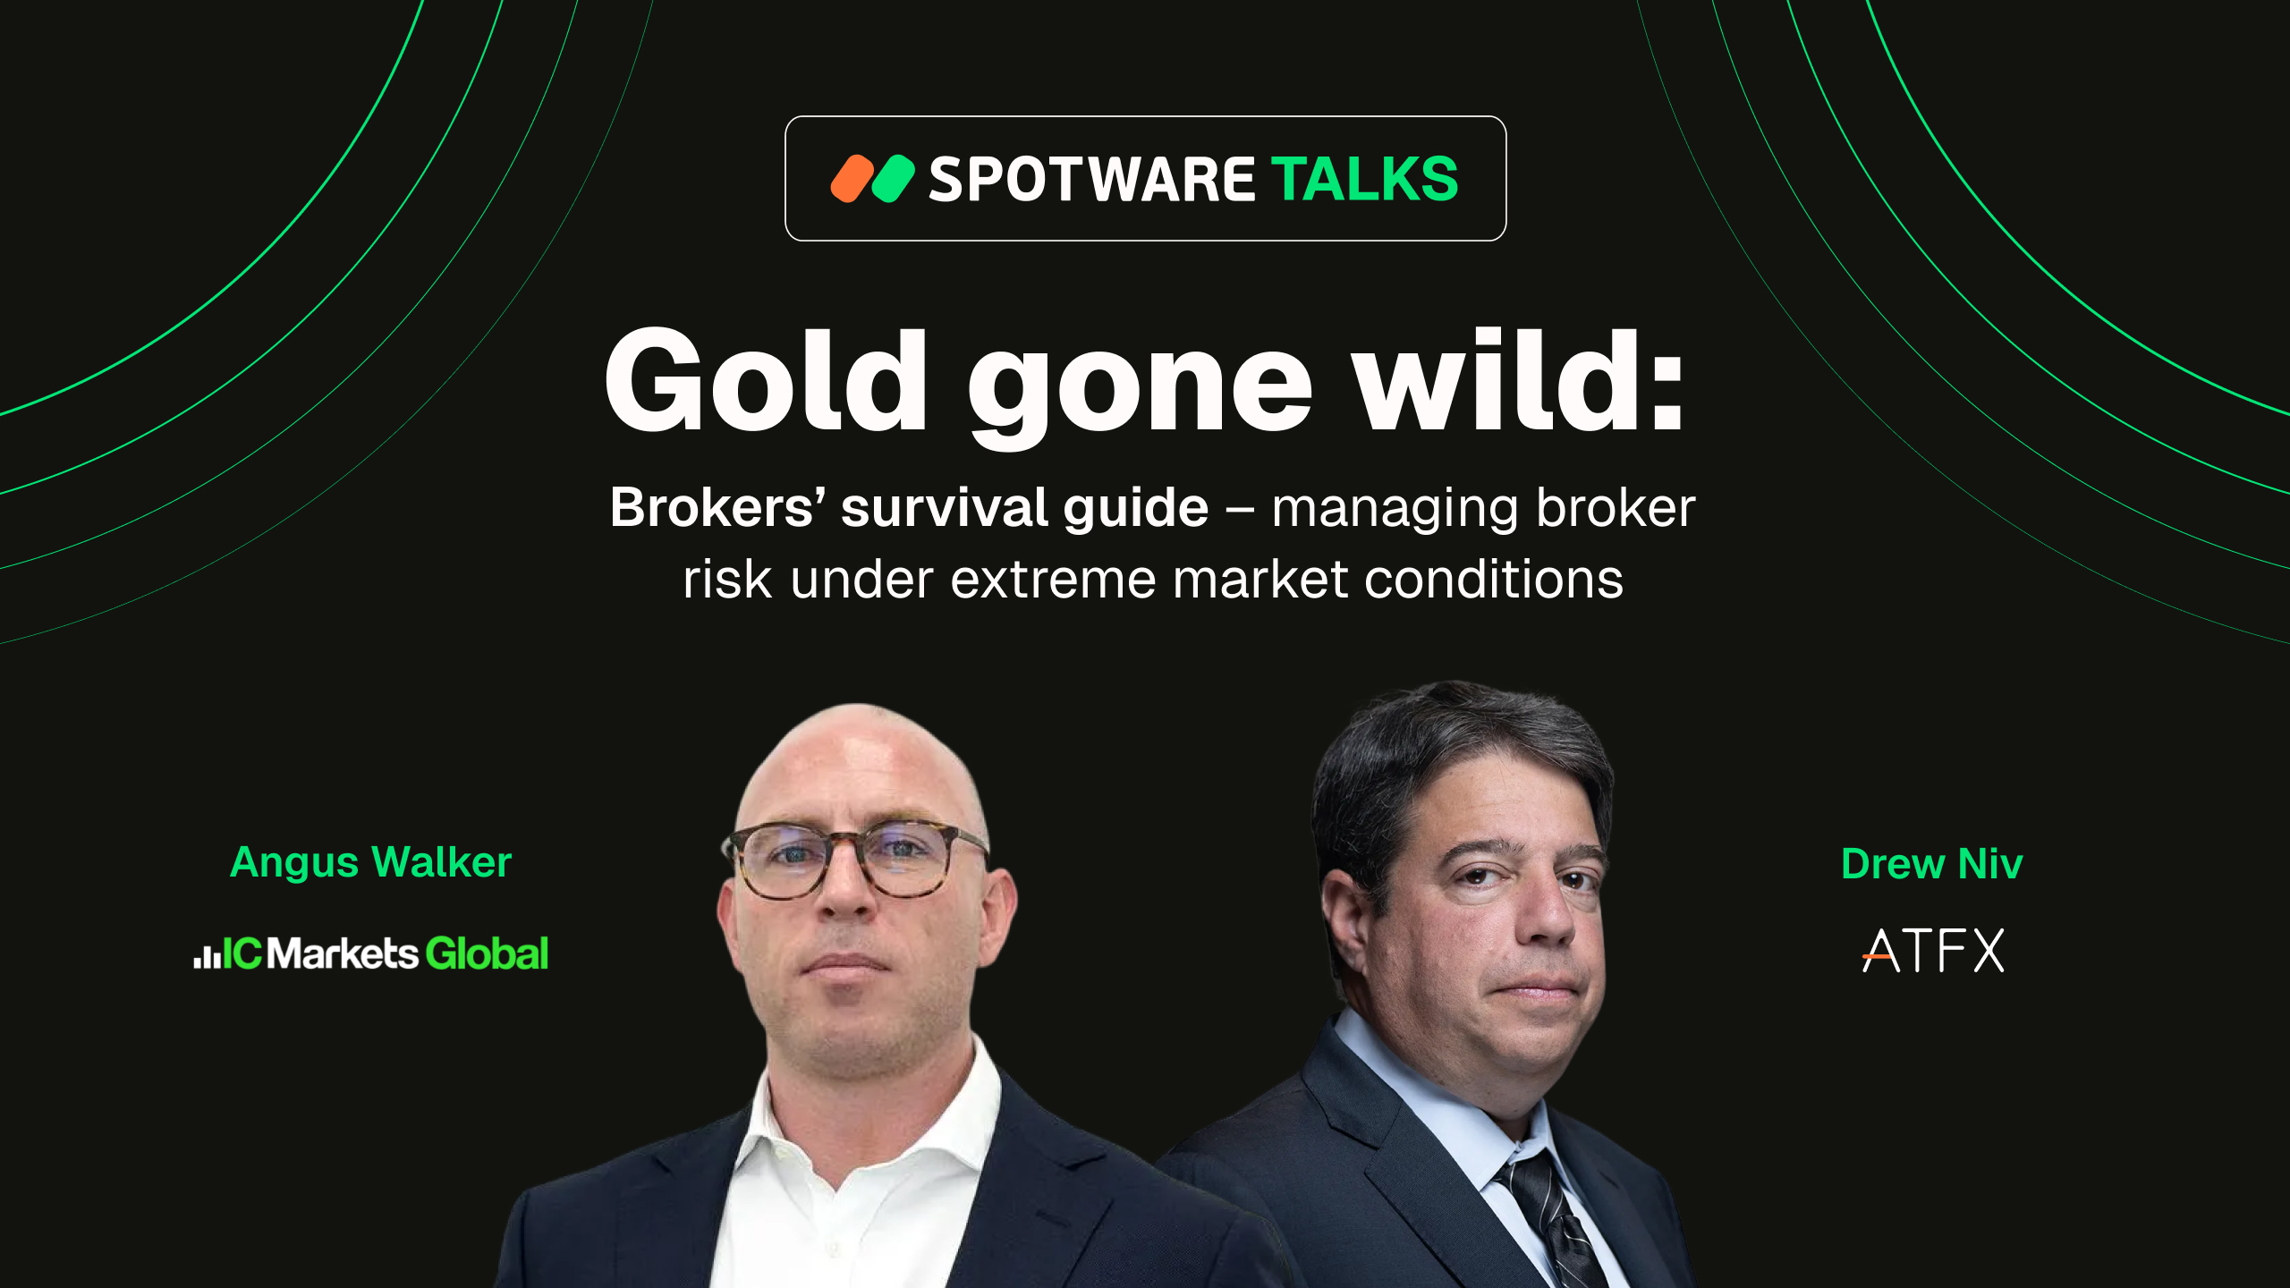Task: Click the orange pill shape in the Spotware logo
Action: click(852, 179)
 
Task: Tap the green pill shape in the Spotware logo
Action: click(894, 179)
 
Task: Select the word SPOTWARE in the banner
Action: click(1092, 180)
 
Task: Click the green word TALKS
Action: click(1365, 179)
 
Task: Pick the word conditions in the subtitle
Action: click(1493, 579)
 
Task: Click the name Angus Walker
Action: click(371, 863)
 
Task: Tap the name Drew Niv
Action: click(1932, 864)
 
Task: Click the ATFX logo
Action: click(1933, 950)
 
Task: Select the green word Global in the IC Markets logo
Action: click(488, 953)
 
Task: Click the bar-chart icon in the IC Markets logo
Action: click(207, 956)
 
